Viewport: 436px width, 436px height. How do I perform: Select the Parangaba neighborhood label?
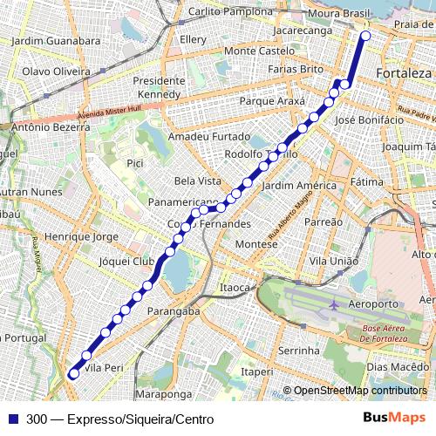pos(174,310)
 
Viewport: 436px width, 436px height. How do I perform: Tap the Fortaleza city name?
pos(404,73)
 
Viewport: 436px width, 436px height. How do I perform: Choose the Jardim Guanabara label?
pos(51,40)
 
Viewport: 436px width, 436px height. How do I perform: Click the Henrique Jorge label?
pos(80,236)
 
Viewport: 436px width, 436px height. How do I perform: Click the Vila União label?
pos(334,261)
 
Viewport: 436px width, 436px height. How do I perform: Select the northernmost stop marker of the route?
pos(365,36)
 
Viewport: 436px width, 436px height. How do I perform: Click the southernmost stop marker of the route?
pos(74,373)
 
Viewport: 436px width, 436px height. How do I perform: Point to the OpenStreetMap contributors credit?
pos(359,391)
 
